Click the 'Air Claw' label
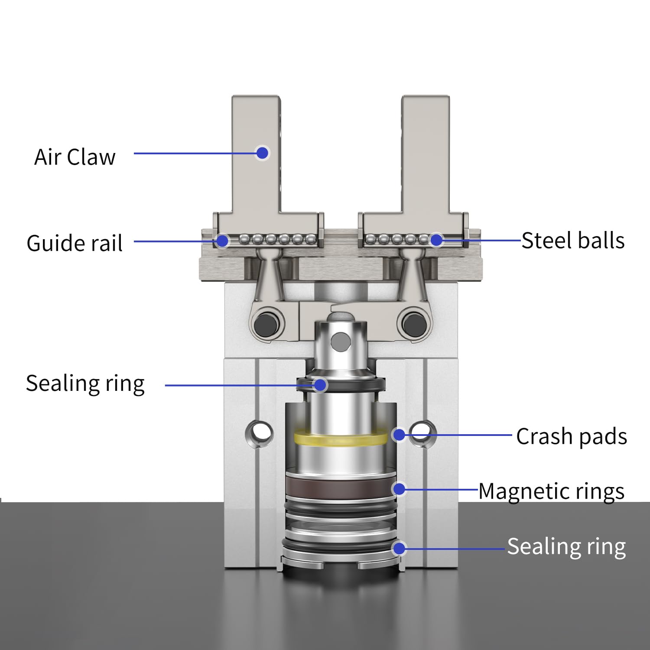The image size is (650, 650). click(x=75, y=157)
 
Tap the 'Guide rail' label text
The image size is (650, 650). click(x=75, y=243)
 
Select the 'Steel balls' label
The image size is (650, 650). click(x=572, y=240)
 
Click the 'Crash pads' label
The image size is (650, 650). click(x=571, y=436)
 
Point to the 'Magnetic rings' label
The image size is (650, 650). click(x=551, y=491)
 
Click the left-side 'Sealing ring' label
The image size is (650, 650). click(x=85, y=383)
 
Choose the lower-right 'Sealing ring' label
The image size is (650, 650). click(x=566, y=546)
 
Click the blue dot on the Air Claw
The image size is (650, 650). click(x=262, y=153)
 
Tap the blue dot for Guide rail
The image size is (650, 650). click(x=222, y=240)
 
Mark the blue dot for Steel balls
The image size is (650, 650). click(x=436, y=240)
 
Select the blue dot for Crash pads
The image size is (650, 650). click(x=399, y=435)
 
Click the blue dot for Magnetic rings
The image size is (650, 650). click(x=399, y=489)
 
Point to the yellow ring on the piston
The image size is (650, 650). click(x=341, y=438)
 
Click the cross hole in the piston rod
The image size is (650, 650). click(x=340, y=341)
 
